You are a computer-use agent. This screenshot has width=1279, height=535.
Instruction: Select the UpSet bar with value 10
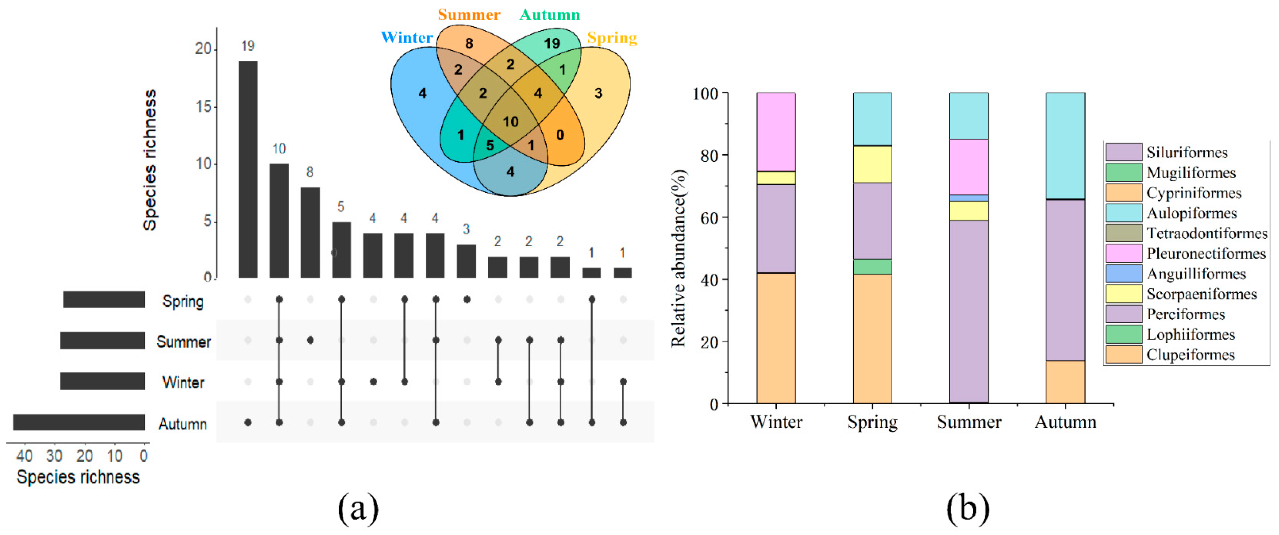(279, 220)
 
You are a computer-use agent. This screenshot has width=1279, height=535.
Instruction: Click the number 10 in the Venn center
(511, 122)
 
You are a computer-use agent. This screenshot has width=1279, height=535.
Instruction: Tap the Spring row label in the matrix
(183, 301)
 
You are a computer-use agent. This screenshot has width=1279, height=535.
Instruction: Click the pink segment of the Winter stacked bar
(775, 132)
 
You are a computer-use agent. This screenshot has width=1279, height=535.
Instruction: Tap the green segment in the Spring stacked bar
(872, 267)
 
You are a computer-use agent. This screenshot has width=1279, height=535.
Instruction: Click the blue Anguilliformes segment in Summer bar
(969, 198)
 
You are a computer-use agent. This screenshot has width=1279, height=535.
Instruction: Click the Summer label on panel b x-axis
(969, 422)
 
